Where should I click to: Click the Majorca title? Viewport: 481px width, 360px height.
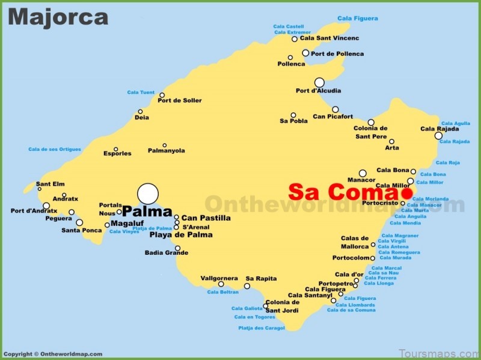tap(58, 17)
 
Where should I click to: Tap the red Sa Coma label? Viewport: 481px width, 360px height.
tap(343, 192)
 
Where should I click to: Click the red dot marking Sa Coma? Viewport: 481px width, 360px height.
tap(407, 193)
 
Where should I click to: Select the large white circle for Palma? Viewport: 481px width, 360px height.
tap(148, 194)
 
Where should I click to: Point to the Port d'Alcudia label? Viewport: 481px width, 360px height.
tap(318, 91)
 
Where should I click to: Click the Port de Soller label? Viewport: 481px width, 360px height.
tap(179, 100)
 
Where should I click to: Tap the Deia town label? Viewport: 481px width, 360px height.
tap(142, 118)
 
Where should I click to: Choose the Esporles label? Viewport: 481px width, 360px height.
tap(117, 153)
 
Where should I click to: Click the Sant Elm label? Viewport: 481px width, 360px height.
tap(51, 184)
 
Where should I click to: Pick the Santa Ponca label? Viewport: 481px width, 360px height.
tap(81, 230)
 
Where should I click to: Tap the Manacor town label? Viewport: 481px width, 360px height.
tap(361, 180)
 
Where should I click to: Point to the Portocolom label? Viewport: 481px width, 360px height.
tap(351, 258)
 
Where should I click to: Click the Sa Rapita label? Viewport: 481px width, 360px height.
tap(261, 278)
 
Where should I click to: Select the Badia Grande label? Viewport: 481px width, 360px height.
tap(167, 252)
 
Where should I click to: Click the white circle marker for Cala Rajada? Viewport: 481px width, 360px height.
tap(438, 136)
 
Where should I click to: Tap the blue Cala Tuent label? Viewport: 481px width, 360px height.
tap(141, 93)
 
